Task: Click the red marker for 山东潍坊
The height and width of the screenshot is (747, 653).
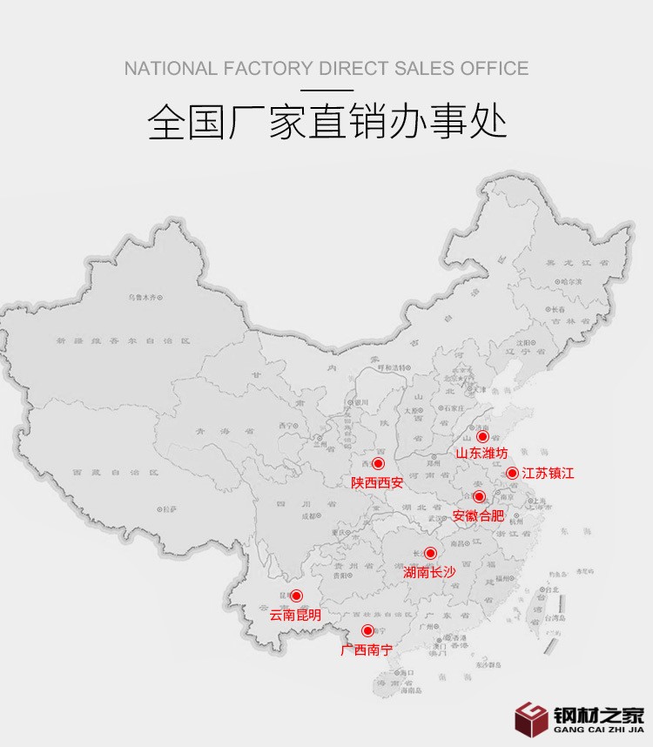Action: pyautogui.click(x=482, y=436)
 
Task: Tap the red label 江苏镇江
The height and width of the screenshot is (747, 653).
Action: pyautogui.click(x=549, y=474)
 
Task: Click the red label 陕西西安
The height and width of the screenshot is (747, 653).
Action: pyautogui.click(x=377, y=481)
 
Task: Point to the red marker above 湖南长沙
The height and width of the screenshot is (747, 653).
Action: pyautogui.click(x=430, y=553)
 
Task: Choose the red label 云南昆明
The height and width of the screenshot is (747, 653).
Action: pyautogui.click(x=295, y=615)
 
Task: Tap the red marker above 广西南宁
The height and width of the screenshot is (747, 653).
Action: pyautogui.click(x=367, y=630)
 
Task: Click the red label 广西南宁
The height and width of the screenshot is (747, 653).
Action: pyautogui.click(x=367, y=649)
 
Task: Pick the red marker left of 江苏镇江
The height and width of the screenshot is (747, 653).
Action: pyautogui.click(x=512, y=473)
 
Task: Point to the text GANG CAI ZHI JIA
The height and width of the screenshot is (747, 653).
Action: pyautogui.click(x=598, y=730)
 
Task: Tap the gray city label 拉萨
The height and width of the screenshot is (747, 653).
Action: pyautogui.click(x=171, y=507)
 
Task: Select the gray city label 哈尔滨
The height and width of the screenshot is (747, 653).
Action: pyautogui.click(x=572, y=281)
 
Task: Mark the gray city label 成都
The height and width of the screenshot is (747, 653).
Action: pyautogui.click(x=308, y=515)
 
